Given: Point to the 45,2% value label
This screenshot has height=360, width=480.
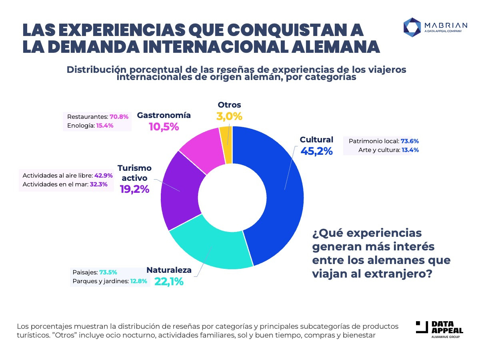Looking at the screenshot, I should (x=316, y=151).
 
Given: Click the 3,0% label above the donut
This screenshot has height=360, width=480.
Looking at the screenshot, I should (x=229, y=116).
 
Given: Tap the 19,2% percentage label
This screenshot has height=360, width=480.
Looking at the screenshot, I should (x=134, y=189).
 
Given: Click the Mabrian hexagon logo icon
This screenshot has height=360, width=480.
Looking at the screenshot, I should (x=411, y=26).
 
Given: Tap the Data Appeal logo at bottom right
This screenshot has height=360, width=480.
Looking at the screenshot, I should (x=439, y=329).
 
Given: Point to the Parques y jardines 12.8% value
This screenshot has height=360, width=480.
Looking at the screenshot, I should (x=139, y=282).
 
